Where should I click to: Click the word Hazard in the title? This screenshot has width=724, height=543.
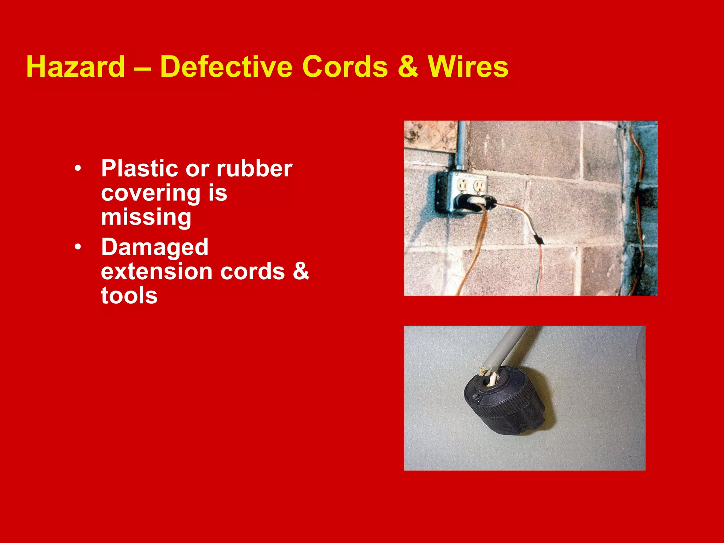click(x=76, y=66)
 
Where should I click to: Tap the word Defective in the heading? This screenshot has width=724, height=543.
click(x=226, y=66)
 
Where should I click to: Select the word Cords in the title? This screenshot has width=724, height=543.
click(x=345, y=66)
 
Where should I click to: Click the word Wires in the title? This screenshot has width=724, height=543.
click(x=468, y=66)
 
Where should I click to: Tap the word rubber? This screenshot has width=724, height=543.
click(x=255, y=168)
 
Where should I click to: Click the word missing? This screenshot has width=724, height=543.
click(x=146, y=217)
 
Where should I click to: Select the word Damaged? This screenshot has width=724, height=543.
click(x=155, y=247)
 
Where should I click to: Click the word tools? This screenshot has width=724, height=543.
click(x=129, y=296)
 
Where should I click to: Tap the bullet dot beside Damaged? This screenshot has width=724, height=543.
click(x=78, y=246)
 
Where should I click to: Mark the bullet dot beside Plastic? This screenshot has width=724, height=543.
click(x=78, y=168)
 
